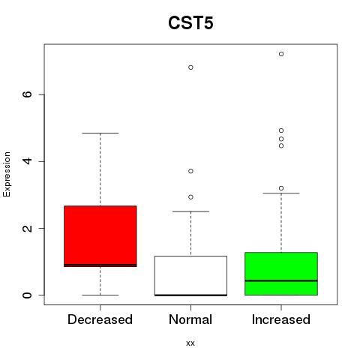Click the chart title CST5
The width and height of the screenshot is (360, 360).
190,23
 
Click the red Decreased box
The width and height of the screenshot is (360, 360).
100,236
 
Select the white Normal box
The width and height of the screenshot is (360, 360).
190,276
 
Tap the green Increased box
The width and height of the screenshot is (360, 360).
281,274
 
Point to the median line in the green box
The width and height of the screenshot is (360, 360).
281,280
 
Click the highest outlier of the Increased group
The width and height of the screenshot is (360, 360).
281,54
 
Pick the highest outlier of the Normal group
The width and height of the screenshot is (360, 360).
190,67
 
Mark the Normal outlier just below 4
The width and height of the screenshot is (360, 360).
190,171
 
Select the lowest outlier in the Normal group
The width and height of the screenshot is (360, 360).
190,197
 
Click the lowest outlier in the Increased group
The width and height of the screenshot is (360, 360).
281,188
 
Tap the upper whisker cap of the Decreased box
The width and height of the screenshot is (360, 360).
100,133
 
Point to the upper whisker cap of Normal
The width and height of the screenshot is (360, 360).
190,211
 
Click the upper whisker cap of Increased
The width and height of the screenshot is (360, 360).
281,193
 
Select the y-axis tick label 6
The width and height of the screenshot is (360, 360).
28,94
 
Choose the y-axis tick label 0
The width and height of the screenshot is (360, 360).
28,295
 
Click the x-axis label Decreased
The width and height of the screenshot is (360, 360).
100,319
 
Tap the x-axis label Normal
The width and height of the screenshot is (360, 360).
190,319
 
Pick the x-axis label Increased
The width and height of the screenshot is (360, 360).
281,319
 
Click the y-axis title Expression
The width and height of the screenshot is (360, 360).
7,174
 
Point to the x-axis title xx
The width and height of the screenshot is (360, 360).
190,343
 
